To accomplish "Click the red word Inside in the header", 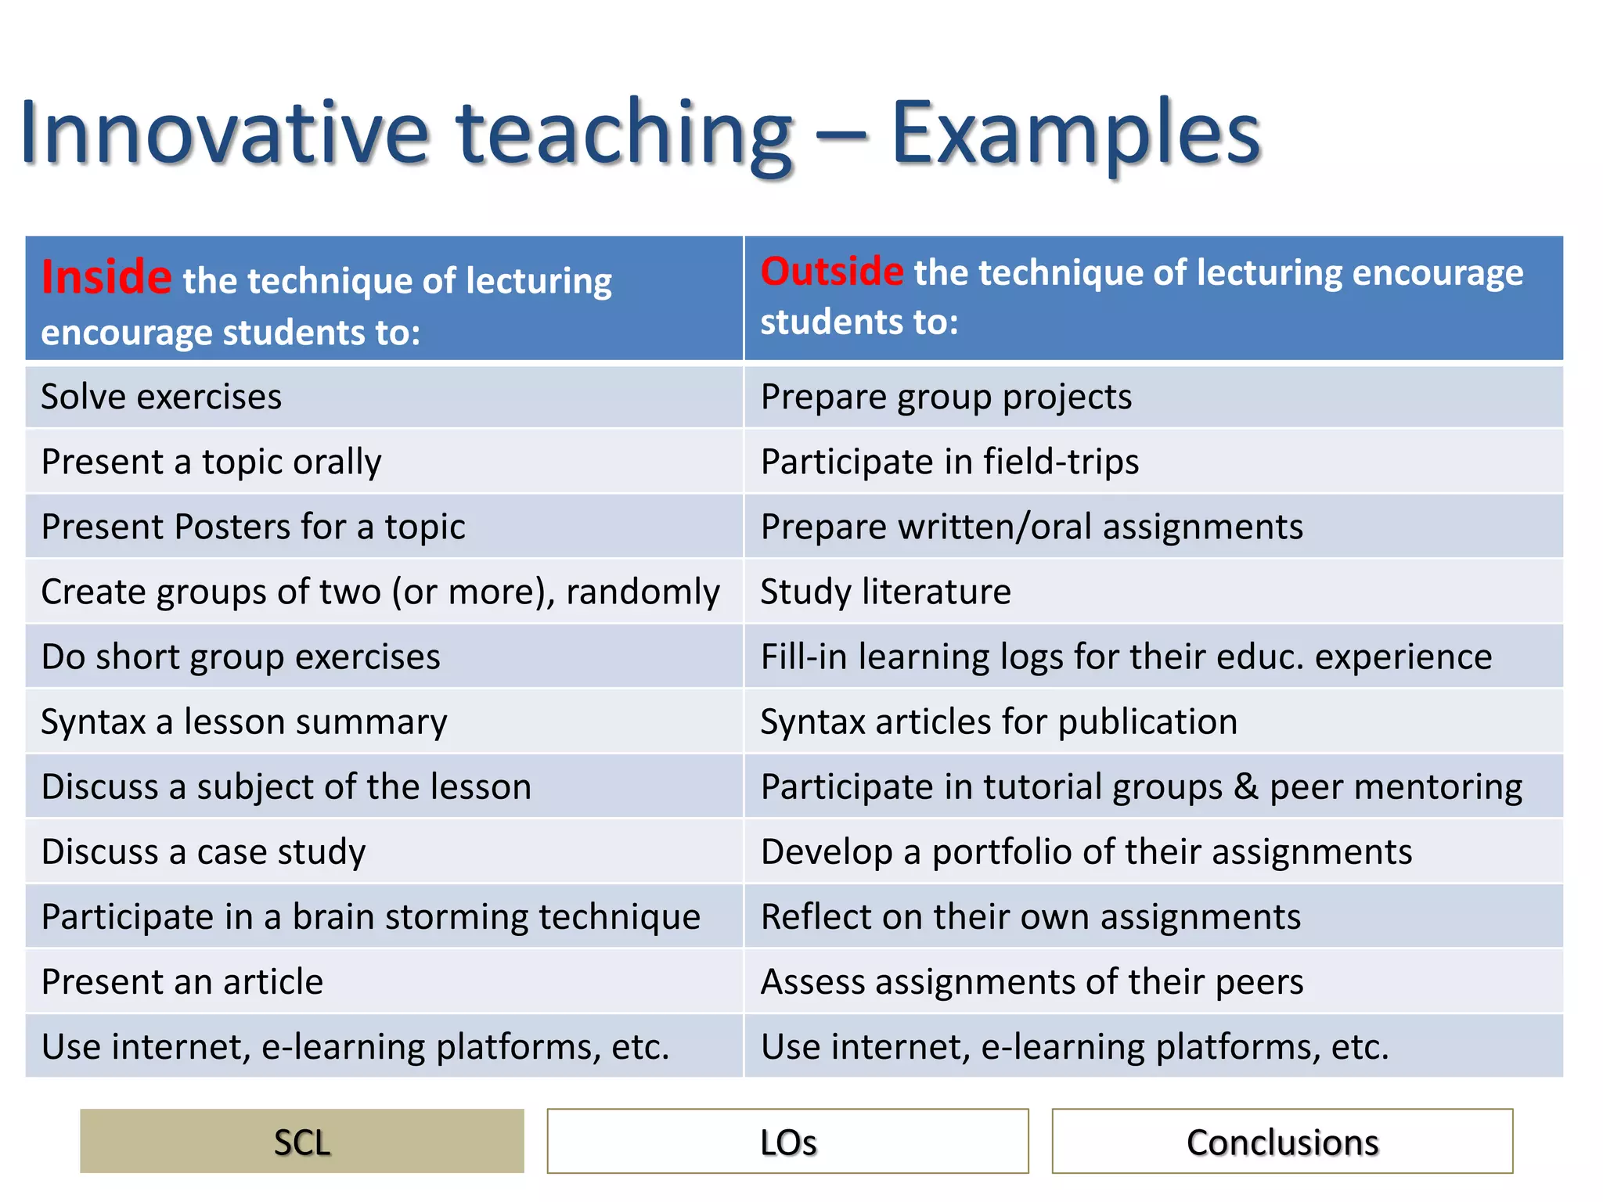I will click(106, 277).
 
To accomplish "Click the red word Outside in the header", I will click(832, 272).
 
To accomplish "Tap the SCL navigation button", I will click(302, 1142).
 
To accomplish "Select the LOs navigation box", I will click(787, 1142).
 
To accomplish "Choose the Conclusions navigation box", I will click(1282, 1142).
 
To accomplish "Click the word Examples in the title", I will click(1075, 133).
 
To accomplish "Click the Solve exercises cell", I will click(161, 397).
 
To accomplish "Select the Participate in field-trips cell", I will click(949, 462).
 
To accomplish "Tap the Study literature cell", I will click(885, 592).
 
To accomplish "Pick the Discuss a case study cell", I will click(204, 851).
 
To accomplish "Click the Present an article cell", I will click(182, 981).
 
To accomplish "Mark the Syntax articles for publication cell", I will click(999, 722).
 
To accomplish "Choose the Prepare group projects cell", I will click(946, 397).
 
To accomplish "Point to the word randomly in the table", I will click(643, 592).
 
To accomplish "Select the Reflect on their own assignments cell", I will click(1031, 916).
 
